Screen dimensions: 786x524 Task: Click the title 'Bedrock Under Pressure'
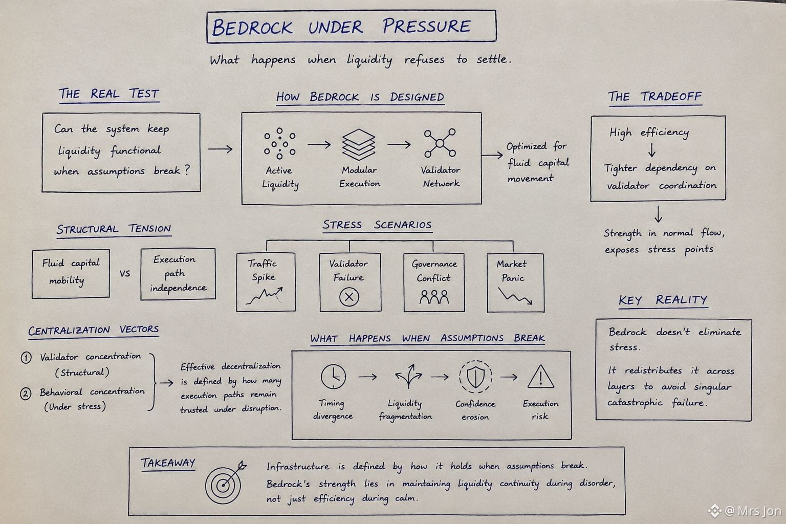click(341, 27)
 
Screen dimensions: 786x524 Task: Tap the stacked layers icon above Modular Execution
click(359, 145)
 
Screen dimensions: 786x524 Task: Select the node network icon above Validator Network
click(440, 143)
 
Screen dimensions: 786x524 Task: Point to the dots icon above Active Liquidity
click(280, 144)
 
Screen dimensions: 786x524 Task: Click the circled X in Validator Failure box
click(349, 297)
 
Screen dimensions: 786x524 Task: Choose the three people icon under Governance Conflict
click(434, 297)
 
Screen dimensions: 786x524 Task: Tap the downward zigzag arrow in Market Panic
click(515, 296)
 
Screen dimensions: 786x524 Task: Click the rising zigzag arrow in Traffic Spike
click(264, 296)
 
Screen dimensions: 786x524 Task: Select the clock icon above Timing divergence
click(333, 377)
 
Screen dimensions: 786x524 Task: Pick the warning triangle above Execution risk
click(541, 377)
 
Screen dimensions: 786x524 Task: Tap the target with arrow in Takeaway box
click(225, 482)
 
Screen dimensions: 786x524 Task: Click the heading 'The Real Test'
click(109, 94)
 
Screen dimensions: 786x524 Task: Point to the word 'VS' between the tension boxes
click(124, 273)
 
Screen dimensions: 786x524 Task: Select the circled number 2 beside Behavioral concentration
click(26, 394)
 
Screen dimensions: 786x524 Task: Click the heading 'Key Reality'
click(663, 300)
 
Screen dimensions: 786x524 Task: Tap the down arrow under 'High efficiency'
click(651, 149)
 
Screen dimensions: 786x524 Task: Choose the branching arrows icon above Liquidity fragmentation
click(408, 376)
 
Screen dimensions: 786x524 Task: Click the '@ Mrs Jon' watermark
click(745, 511)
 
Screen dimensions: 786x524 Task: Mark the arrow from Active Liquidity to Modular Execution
click(319, 144)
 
